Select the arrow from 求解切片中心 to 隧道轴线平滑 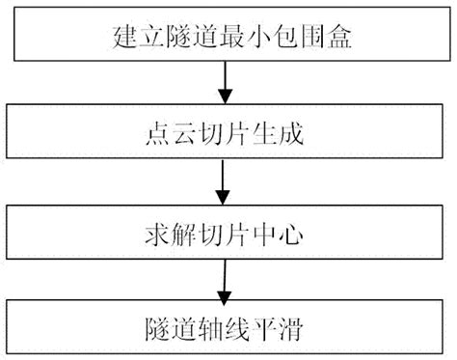(x=225, y=279)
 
